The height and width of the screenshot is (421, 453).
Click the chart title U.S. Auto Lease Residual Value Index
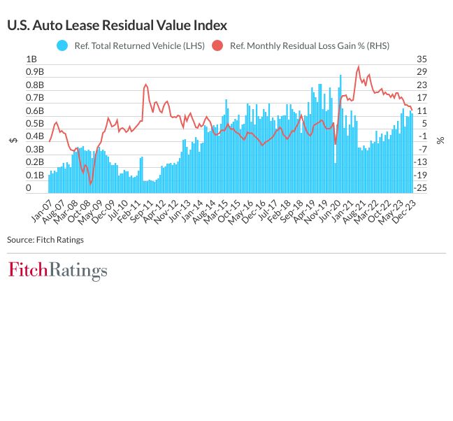[x=117, y=25]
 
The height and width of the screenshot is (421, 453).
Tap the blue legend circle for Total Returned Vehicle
[x=62, y=45]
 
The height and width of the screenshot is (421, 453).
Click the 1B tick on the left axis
[x=31, y=59]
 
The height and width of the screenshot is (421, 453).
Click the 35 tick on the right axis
[x=421, y=59]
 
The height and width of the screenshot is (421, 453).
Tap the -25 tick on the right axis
[x=422, y=188]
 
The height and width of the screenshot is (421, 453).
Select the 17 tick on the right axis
[x=421, y=98]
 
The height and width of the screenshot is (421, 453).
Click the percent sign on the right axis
[x=440, y=140]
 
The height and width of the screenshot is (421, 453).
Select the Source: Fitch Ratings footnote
[x=45, y=240]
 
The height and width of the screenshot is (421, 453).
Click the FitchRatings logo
[x=57, y=271]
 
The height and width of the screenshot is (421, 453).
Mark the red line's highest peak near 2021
[x=359, y=67]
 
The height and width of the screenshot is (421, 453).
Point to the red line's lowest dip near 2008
[x=90, y=184]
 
